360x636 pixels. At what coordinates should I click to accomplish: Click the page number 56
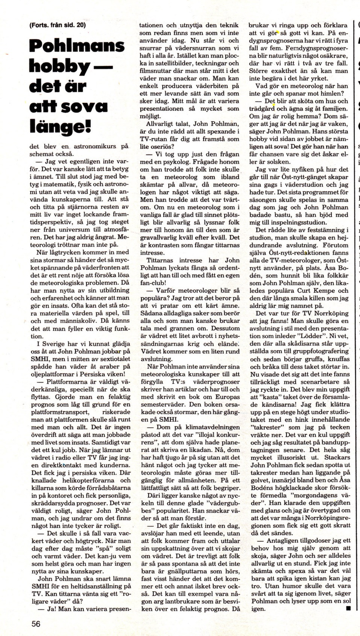pyautogui.click(x=36, y=624)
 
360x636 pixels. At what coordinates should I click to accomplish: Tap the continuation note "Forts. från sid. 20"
pyautogui.click(x=57, y=25)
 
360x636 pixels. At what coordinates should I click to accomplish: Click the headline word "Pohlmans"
pyautogui.click(x=77, y=46)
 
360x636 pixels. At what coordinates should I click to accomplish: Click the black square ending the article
pyautogui.click(x=348, y=608)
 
